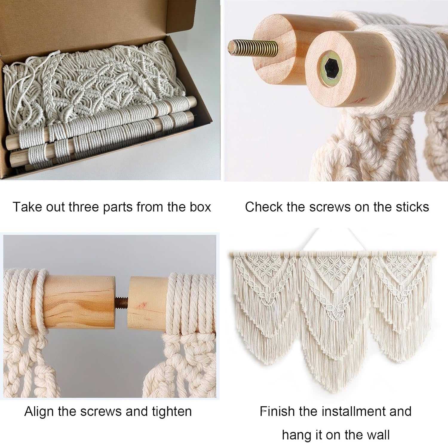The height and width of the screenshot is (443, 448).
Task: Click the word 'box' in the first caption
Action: [x=200, y=207]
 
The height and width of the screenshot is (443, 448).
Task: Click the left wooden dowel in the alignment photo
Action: [x=78, y=302]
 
